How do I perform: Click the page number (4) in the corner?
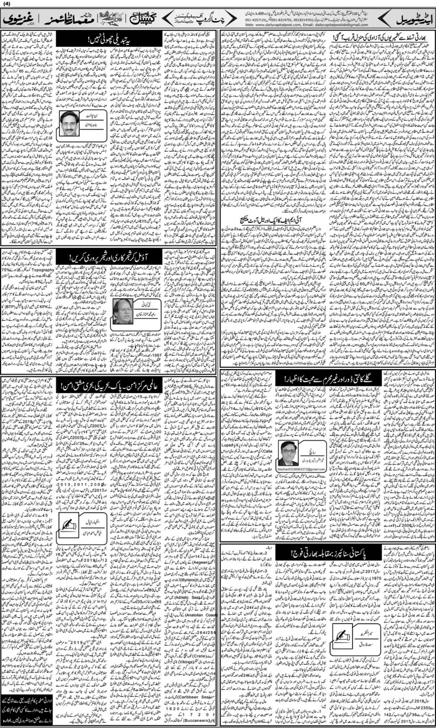click(x=6, y=6)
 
